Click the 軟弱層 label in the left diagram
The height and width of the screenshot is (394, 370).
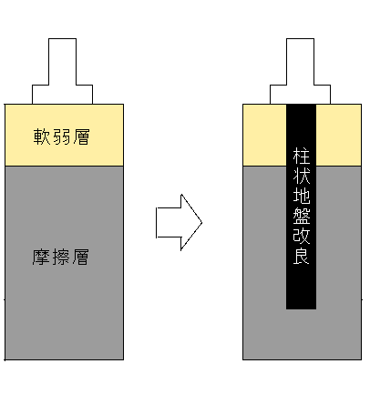tap(61, 136)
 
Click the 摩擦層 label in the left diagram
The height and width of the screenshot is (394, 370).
tap(61, 258)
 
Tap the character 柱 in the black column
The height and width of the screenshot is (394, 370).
tap(302, 156)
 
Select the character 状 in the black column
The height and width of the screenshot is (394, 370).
tap(302, 176)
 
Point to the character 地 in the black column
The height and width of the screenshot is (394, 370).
tap(302, 196)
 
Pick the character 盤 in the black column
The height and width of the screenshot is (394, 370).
tap(302, 216)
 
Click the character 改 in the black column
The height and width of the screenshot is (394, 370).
tap(302, 236)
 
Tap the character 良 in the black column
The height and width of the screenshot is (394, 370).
tap(302, 256)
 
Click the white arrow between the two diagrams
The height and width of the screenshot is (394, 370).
tap(179, 222)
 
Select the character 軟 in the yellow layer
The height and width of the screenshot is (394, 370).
tap(42, 136)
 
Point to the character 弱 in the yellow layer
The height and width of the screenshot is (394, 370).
tap(61, 136)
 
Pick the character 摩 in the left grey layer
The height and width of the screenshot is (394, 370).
tap(41, 258)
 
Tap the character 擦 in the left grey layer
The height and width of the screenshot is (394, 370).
tap(61, 258)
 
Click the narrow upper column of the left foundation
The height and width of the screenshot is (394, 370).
tap(62, 62)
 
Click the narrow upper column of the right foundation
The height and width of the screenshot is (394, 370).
tap(300, 62)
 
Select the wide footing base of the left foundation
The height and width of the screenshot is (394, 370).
tap(62, 95)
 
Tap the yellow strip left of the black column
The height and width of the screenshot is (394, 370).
tap(264, 135)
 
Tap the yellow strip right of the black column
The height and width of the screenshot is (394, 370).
tap(339, 135)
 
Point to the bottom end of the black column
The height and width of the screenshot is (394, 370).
tap(301, 309)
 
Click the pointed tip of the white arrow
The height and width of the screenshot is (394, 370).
tap(202, 222)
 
